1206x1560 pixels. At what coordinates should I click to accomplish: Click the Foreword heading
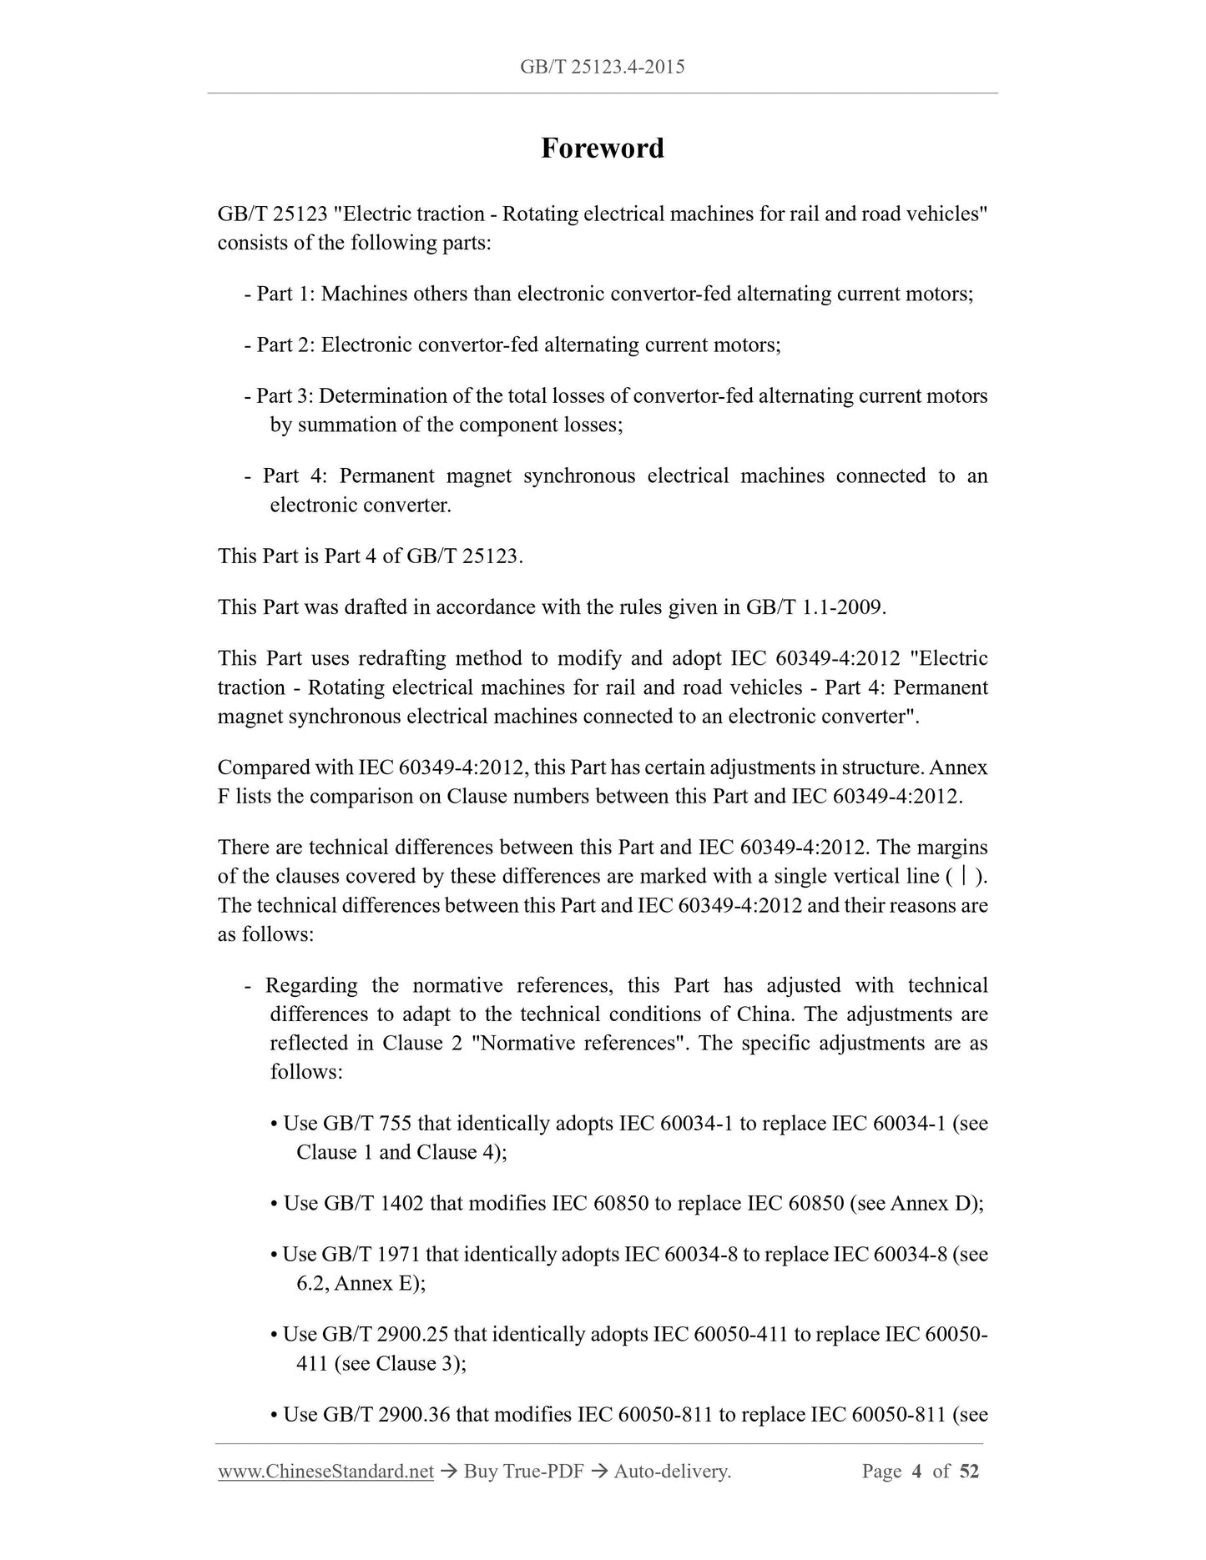pos(602,148)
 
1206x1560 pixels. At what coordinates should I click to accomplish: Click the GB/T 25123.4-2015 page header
pos(602,67)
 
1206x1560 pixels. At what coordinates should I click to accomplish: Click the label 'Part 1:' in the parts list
pos(285,294)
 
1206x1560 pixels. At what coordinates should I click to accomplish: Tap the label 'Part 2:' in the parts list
pos(285,345)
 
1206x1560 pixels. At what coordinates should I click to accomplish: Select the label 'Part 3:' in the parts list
pos(285,395)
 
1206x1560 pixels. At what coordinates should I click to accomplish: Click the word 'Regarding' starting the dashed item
pos(311,985)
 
